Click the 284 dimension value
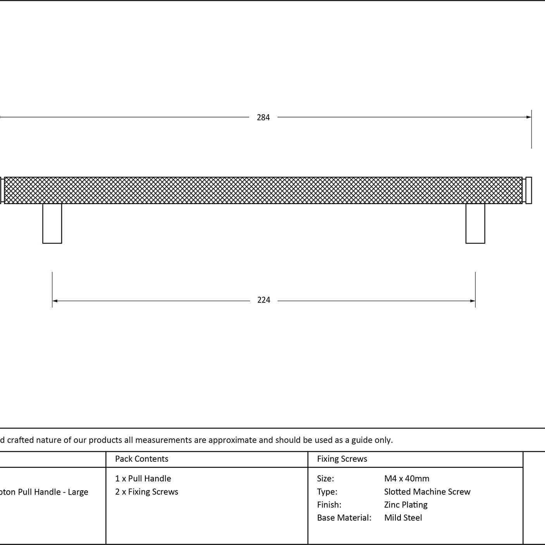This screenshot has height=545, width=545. click(263, 117)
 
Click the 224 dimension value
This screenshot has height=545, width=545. click(264, 300)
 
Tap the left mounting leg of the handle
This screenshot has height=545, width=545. click(52, 223)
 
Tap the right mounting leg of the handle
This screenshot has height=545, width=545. click(475, 223)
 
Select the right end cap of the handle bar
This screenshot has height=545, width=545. click(529, 190)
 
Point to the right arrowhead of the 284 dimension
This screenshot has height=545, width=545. click(529, 117)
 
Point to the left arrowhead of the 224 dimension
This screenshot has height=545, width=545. click(55, 301)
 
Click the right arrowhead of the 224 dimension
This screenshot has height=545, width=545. click(473, 301)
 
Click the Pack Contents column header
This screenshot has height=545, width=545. click(141, 459)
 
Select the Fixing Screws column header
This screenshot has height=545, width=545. click(342, 459)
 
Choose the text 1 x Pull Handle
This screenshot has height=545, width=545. click(143, 479)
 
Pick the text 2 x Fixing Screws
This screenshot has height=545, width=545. click(147, 492)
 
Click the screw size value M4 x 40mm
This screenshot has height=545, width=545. click(407, 479)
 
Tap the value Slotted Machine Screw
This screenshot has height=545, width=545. click(427, 492)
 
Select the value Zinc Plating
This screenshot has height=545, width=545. click(406, 505)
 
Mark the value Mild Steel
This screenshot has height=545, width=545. click(403, 518)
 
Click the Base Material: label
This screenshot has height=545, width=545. click(344, 518)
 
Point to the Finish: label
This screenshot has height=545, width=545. click(329, 505)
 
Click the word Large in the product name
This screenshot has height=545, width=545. click(78, 492)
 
